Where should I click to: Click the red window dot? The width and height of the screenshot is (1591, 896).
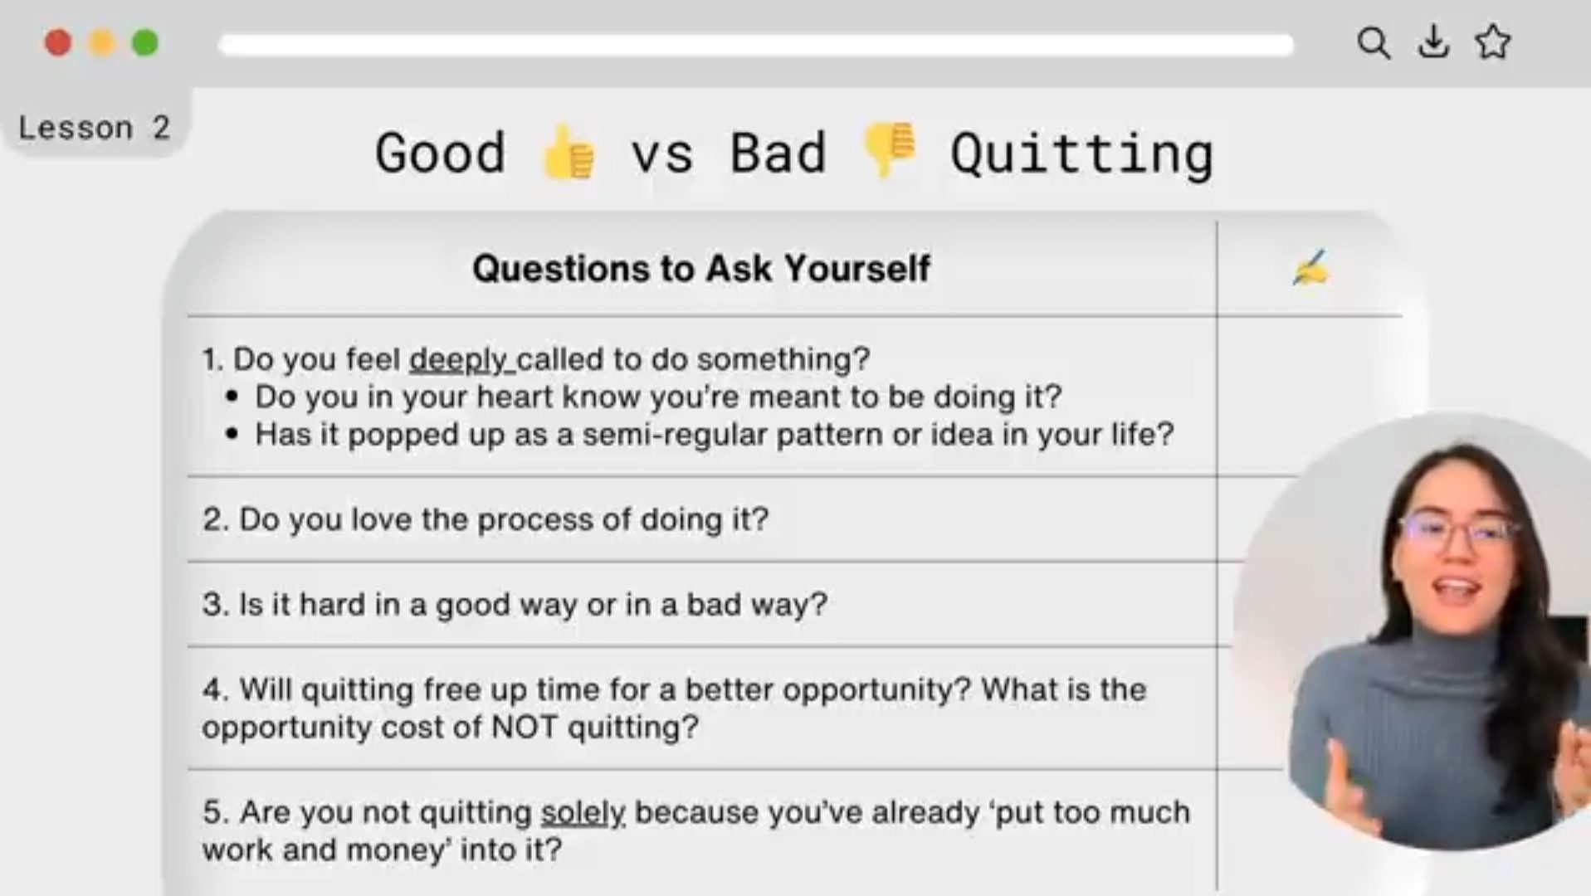click(58, 42)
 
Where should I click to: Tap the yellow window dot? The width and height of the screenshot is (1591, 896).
click(101, 42)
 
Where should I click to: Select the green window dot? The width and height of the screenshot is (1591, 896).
click(145, 42)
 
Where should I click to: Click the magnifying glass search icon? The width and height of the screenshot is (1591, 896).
click(1374, 42)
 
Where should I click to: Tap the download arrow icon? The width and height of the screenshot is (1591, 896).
click(1433, 42)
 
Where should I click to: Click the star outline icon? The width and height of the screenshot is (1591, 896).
click(1493, 42)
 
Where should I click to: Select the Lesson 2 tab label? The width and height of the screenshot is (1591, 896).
click(94, 128)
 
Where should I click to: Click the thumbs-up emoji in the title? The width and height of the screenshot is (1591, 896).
click(569, 151)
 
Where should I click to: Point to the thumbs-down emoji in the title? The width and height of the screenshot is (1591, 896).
click(889, 149)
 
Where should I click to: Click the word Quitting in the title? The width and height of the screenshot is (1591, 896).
click(1081, 154)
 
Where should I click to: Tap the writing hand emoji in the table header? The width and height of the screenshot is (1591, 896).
click(1310, 268)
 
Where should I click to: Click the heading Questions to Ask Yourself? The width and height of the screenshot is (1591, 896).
click(701, 268)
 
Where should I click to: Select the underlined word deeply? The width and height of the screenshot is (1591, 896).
click(459, 360)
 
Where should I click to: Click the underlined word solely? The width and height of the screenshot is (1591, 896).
click(583, 813)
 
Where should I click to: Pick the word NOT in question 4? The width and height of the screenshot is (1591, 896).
click(525, 727)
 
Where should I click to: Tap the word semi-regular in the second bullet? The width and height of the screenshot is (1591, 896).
click(674, 436)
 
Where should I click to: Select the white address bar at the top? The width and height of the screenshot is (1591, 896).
click(755, 45)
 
